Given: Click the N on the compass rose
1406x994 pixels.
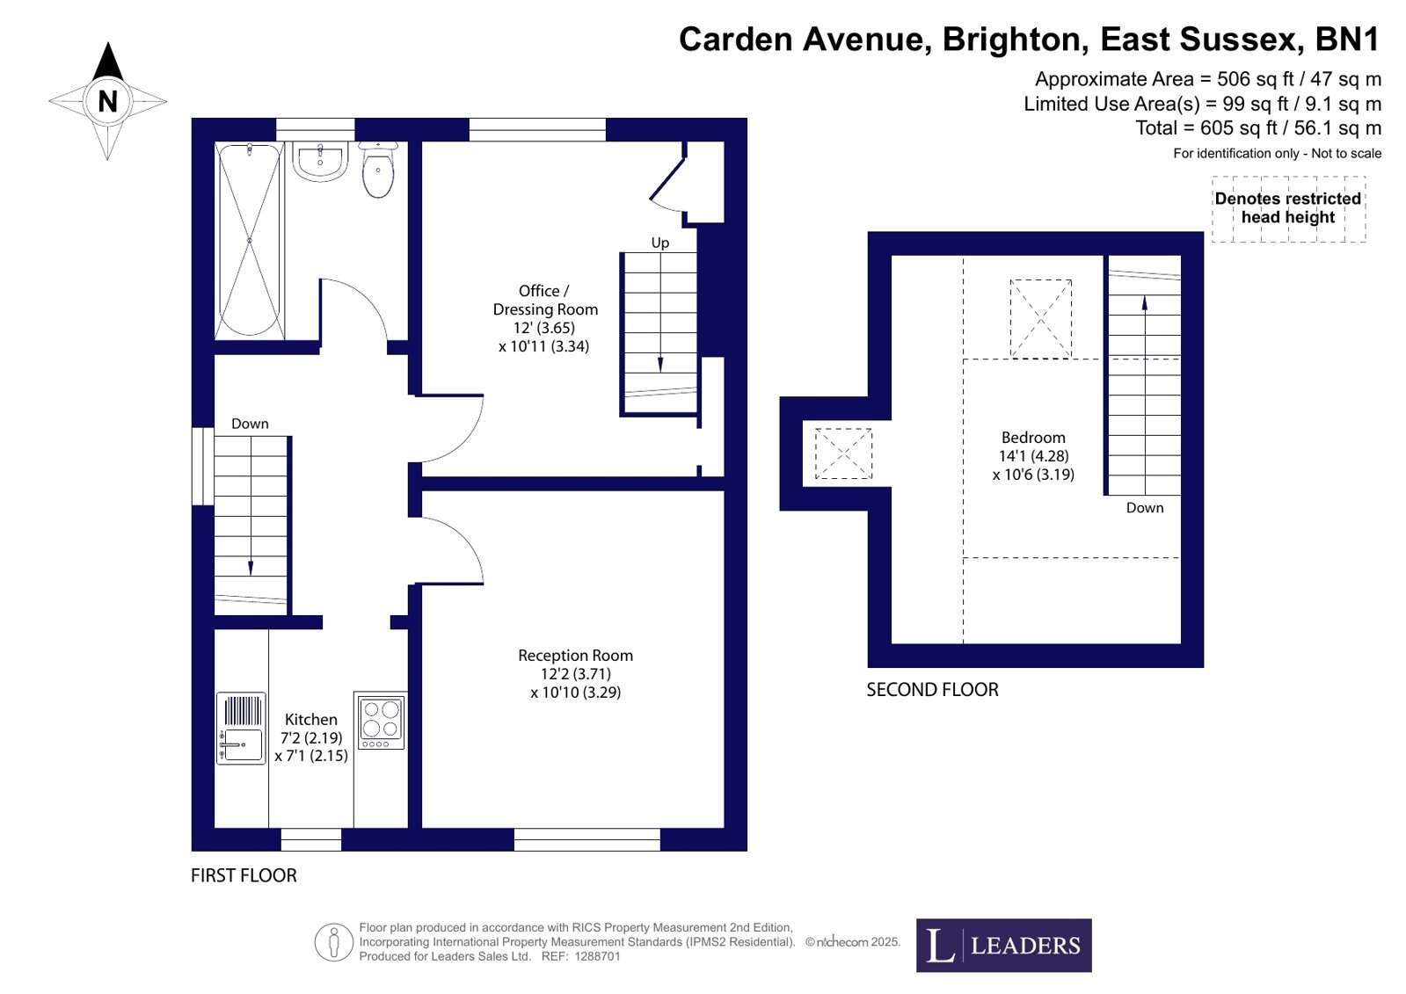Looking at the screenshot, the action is coord(108,101).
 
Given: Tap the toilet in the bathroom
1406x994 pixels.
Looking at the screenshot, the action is coord(378,170).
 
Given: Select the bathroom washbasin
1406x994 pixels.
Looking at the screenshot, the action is coord(320,162).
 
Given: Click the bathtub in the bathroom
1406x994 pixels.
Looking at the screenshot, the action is coord(249,240).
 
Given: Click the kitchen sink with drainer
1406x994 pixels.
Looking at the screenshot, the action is coord(241,729).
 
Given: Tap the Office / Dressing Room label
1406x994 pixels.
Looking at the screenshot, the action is coord(545,300).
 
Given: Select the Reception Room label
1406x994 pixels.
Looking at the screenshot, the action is coord(576,655).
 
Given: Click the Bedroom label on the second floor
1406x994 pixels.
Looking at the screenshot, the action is coord(1033,438).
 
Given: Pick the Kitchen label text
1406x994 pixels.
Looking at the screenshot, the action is coord(311,719).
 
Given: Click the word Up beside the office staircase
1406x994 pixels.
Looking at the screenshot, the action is coord(659,243).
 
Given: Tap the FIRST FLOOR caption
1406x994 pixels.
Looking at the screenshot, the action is coord(244,875).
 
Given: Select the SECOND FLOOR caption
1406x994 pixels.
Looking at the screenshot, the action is coord(932,690).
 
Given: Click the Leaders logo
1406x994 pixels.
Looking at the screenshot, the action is coord(1003,946).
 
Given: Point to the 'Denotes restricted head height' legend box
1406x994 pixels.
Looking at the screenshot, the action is coord(1289,208).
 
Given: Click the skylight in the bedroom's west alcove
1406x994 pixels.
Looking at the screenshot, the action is coord(843,453).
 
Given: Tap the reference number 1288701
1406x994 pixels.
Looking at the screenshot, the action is coord(597,957).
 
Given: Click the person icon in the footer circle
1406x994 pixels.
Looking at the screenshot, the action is coord(334,942).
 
